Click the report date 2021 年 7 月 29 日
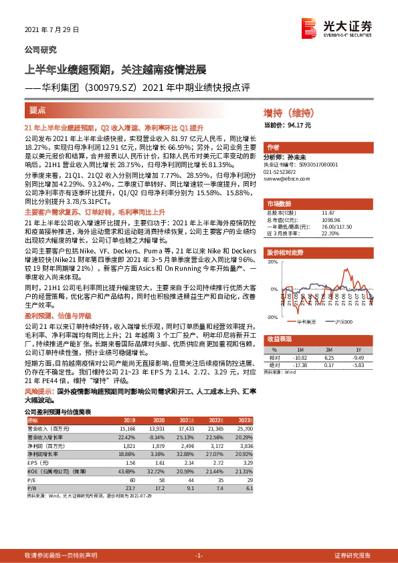pyautogui.click(x=52, y=29)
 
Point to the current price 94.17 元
pyautogui.click(x=288, y=124)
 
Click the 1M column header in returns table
pyautogui.click(x=298, y=349)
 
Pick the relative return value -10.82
pyautogui.click(x=298, y=358)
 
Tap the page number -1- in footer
pyautogui.click(x=199, y=556)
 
